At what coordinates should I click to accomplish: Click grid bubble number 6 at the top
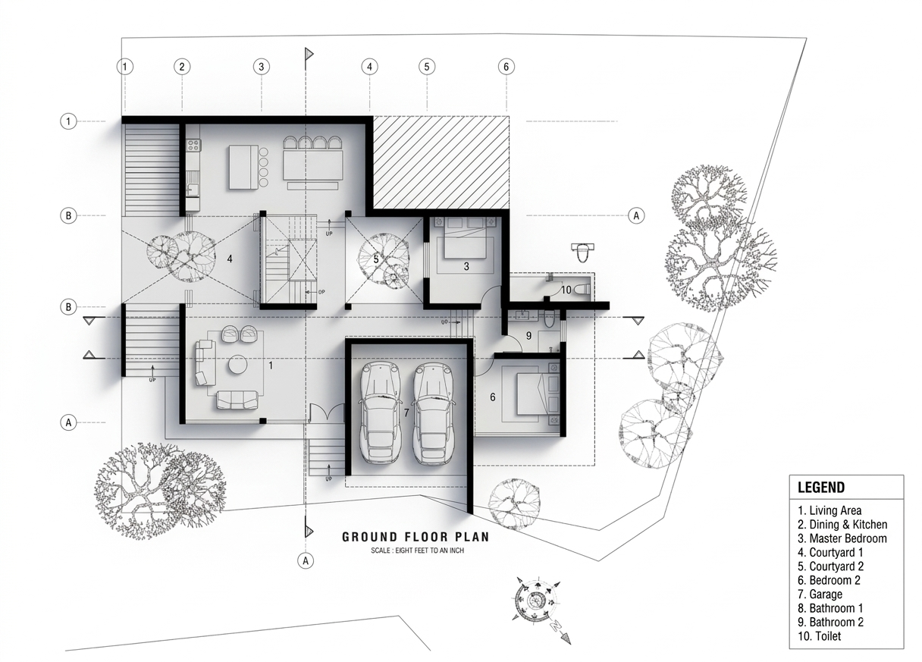coord(506,67)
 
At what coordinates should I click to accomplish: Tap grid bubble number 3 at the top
coord(261,67)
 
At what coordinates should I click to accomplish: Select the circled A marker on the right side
coord(636,215)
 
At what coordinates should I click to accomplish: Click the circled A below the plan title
coord(306,560)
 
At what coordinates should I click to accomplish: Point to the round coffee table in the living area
coord(237,364)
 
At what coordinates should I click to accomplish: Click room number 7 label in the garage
coord(406,412)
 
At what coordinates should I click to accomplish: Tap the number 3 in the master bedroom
coord(466,266)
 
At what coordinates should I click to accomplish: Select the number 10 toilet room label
coord(566,290)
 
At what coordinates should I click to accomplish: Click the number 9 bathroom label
coord(528,336)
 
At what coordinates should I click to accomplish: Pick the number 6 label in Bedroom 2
coord(492,397)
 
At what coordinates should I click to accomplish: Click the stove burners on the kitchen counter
coord(193,145)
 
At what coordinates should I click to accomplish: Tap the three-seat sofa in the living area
coord(237,400)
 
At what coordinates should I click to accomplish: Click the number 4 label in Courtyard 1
coord(230,259)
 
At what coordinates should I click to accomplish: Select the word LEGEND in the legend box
coord(821,488)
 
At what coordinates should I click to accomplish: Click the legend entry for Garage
coord(820,595)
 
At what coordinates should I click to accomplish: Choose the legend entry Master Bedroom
coord(842,538)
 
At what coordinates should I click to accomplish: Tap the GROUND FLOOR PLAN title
coord(416,537)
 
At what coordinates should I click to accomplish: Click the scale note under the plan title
coord(417,551)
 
